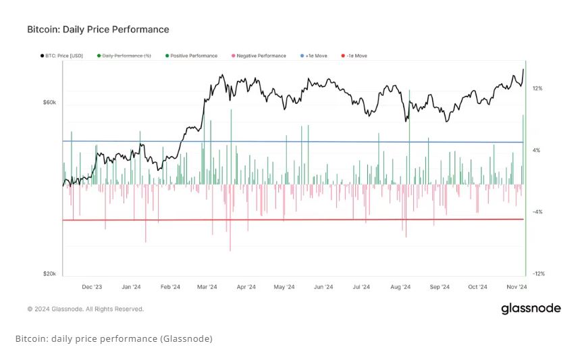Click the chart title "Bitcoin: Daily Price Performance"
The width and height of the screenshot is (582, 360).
point(98,30)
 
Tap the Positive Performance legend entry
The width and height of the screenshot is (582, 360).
point(192,55)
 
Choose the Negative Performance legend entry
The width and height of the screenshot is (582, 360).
point(259,55)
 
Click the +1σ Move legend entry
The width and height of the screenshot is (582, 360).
point(313,55)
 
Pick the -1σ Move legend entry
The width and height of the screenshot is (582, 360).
point(354,55)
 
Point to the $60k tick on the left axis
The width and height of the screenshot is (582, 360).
point(49,103)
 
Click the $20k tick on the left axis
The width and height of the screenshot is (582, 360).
point(49,274)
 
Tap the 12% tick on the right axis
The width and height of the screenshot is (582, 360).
point(537,88)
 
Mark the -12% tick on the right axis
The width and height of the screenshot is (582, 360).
point(538,274)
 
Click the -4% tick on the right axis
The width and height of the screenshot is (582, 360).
point(537,212)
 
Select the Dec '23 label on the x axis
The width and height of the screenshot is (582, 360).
point(92,287)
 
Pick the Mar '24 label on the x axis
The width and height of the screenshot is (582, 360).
point(207,287)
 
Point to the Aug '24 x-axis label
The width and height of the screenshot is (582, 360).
point(401,287)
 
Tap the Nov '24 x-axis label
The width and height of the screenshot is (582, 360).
point(517,287)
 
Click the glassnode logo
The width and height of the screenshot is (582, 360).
point(531,309)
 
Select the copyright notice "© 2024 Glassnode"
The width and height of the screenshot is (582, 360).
point(85,309)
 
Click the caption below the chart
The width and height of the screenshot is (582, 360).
point(113,338)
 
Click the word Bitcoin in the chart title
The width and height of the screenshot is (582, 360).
point(43,30)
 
